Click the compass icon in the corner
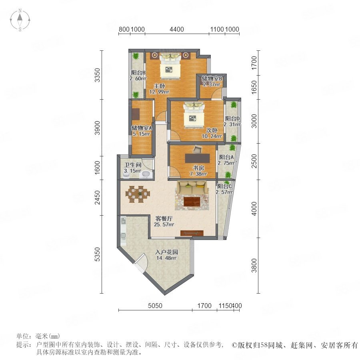[20, 20]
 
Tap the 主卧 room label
[159, 86]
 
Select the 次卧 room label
[212, 130]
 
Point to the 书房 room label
[198, 168]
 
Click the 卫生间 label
[132, 165]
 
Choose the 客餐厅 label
[164, 218]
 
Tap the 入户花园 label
[166, 252]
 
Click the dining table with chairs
[138, 194]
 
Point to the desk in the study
[198, 158]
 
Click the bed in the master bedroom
[170, 66]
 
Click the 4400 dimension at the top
[176, 29]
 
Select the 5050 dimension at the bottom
[155, 306]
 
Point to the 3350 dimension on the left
[98, 75]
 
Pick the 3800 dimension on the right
[254, 266]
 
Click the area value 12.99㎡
[159, 92]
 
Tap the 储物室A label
[142, 128]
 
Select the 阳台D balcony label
[232, 118]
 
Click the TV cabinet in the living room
[192, 233]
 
